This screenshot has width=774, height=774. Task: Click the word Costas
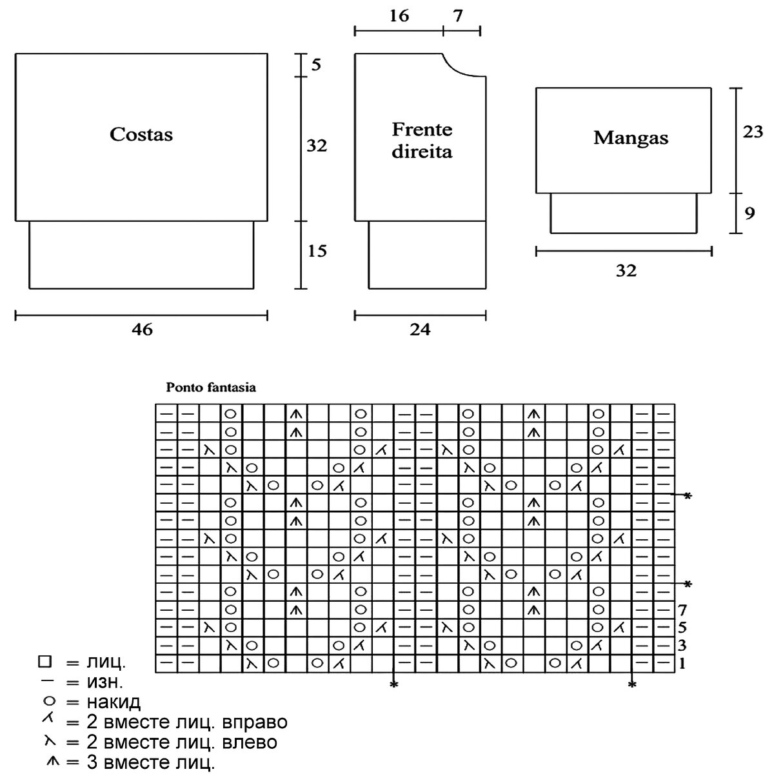click(141, 134)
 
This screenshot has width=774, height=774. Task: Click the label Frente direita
click(422, 141)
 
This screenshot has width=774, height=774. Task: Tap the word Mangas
click(630, 137)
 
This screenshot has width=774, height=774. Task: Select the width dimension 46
click(143, 330)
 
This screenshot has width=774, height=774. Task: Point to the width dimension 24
click(420, 330)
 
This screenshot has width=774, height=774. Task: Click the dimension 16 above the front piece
click(399, 16)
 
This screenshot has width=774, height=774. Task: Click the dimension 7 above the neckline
click(457, 16)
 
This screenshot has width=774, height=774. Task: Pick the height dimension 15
click(317, 251)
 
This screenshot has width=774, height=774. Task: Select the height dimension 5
click(315, 64)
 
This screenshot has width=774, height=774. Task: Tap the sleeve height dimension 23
click(753, 132)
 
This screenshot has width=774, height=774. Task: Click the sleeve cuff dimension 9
click(749, 213)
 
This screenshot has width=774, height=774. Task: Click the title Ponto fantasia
click(211, 388)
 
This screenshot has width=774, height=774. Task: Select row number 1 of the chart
click(682, 662)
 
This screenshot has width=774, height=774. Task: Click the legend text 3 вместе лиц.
click(150, 764)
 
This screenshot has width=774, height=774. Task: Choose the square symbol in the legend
click(44, 662)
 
